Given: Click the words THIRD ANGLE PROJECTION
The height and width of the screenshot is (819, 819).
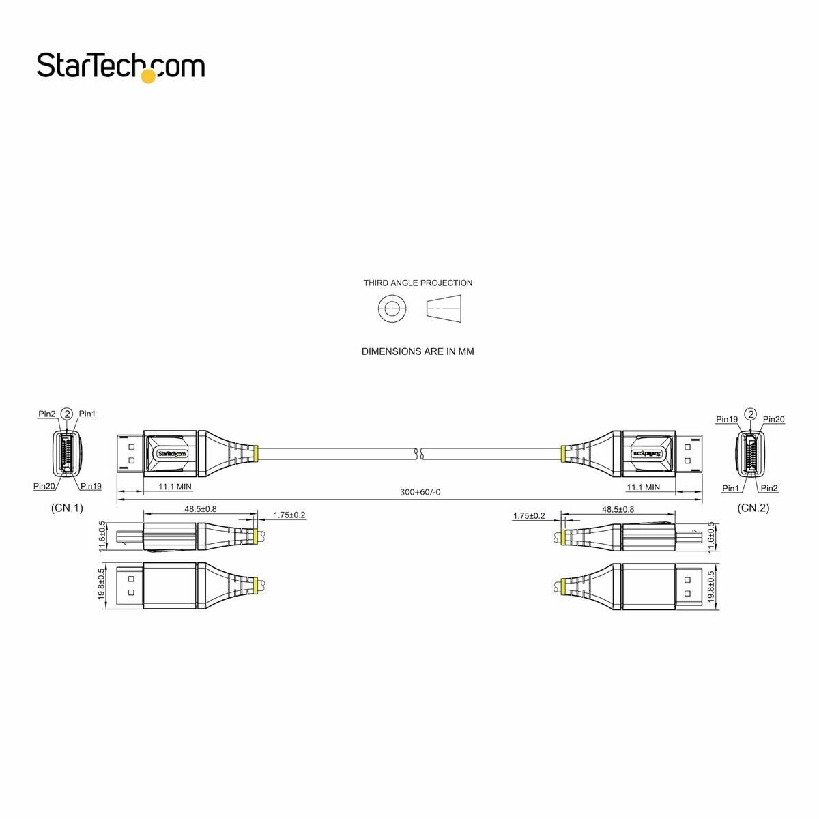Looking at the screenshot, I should click(418, 283).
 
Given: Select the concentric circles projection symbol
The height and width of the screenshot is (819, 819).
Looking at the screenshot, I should click(391, 308).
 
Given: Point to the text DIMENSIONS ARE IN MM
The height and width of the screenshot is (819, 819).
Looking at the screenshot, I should click(418, 351).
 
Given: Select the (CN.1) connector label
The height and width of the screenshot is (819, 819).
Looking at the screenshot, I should click(66, 508).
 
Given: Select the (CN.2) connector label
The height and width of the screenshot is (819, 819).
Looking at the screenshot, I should click(753, 508).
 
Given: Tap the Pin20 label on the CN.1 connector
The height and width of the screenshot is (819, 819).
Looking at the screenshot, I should click(44, 486).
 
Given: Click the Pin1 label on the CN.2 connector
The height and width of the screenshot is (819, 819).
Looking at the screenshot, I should click(731, 488).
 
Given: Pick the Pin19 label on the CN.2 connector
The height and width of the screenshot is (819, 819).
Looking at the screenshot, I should click(726, 420).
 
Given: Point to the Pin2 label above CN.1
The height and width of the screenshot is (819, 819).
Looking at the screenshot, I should click(47, 414).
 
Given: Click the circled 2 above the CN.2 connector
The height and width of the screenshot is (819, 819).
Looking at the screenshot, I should click(750, 414).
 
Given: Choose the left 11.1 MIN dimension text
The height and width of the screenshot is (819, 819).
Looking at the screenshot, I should click(175, 487).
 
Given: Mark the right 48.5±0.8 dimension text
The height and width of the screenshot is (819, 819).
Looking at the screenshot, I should click(618, 509).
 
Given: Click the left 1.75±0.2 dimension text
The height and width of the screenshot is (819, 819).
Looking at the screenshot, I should click(289, 515).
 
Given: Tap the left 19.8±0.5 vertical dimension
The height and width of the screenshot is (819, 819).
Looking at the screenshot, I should click(101, 584).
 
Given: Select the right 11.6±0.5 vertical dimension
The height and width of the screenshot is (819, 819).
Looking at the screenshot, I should click(712, 537).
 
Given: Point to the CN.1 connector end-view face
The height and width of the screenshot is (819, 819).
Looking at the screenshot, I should click(68, 453).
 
